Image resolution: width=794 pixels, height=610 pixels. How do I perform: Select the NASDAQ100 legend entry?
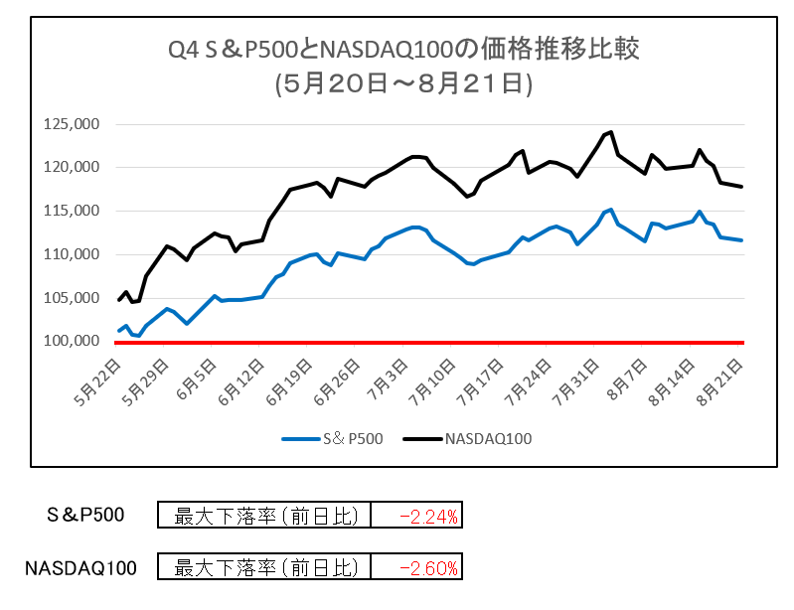(x=475, y=437)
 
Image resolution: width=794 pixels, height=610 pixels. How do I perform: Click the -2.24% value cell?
(x=415, y=516)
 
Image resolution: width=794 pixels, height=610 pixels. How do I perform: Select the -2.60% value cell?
(x=415, y=568)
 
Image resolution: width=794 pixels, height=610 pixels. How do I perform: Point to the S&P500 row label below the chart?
(x=86, y=516)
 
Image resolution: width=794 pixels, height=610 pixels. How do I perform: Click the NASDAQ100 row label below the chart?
(x=80, y=568)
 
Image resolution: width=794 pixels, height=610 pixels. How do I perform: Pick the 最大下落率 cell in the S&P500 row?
(x=264, y=516)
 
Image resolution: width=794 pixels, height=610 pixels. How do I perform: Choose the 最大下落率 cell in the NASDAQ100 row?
(x=264, y=568)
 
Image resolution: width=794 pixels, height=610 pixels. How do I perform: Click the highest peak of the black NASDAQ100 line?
(x=610, y=131)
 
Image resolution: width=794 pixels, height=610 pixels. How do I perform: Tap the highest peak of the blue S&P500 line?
(x=610, y=210)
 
